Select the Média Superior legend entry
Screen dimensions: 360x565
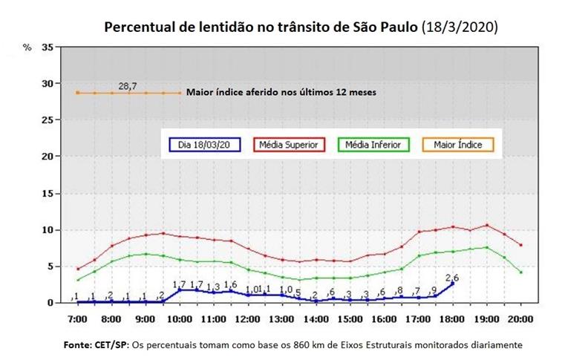(290, 145)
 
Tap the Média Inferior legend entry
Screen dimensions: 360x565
(373, 145)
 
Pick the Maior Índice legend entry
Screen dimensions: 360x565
(458, 145)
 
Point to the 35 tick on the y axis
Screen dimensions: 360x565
(48, 47)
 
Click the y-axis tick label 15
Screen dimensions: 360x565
(48, 193)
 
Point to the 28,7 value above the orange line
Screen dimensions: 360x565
(128, 86)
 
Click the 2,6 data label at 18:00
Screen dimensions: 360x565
(452, 278)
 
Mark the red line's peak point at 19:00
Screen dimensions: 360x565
(487, 225)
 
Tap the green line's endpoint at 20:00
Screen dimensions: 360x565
(521, 272)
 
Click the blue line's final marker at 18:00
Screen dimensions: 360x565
(453, 284)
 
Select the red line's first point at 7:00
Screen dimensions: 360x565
(77, 269)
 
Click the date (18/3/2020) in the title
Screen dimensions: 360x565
(459, 27)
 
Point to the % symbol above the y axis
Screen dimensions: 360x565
(27, 48)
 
